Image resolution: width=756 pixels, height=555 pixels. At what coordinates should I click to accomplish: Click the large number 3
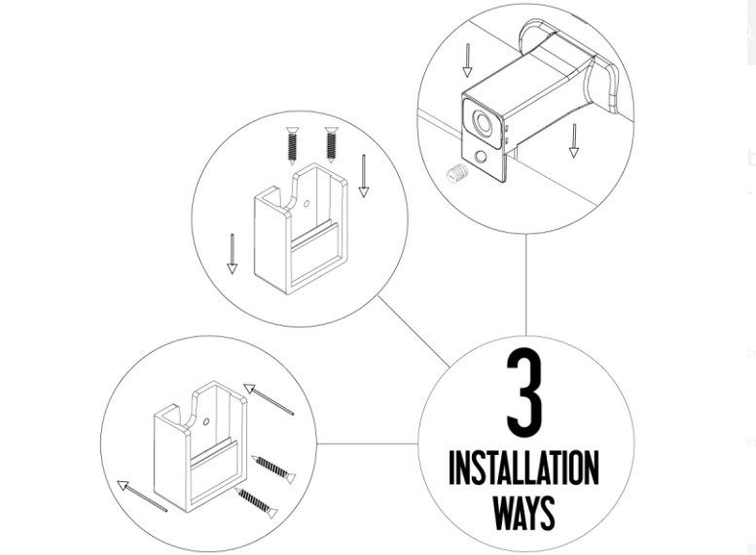[x=524, y=393]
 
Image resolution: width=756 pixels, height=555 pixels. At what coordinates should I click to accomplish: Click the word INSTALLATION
[x=524, y=468]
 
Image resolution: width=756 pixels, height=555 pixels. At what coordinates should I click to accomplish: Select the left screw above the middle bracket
[x=292, y=146]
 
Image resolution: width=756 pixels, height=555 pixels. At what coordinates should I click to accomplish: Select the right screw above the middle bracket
[x=331, y=145]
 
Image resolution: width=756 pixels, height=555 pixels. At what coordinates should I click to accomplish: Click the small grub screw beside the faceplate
[x=457, y=172]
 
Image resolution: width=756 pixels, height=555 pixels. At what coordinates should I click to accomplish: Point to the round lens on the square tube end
[x=483, y=122]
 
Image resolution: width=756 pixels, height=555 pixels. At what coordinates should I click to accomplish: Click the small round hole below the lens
[x=481, y=157]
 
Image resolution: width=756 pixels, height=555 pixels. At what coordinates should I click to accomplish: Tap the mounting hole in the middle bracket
[x=306, y=204]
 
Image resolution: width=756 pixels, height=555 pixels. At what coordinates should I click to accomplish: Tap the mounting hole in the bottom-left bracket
[x=206, y=422]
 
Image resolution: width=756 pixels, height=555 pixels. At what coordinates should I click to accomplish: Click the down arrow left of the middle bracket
[x=233, y=254]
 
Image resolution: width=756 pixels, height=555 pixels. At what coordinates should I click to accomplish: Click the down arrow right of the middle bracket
[x=364, y=176]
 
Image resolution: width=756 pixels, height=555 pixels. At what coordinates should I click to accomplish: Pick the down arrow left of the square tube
[x=467, y=60]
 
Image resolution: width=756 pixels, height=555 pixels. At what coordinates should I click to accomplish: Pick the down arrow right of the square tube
[x=574, y=141]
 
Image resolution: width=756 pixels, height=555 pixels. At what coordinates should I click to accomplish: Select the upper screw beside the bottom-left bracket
[x=273, y=468]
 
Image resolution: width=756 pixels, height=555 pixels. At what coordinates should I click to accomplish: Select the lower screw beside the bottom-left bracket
[x=257, y=503]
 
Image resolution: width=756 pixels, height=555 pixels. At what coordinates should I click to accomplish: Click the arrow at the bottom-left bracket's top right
[x=269, y=399]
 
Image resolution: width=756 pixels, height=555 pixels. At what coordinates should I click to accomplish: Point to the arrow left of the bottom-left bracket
[x=142, y=496]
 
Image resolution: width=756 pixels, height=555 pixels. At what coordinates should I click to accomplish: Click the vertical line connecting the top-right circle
[x=525, y=285]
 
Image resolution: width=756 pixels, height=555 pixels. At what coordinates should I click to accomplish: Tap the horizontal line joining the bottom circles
[x=368, y=444]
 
